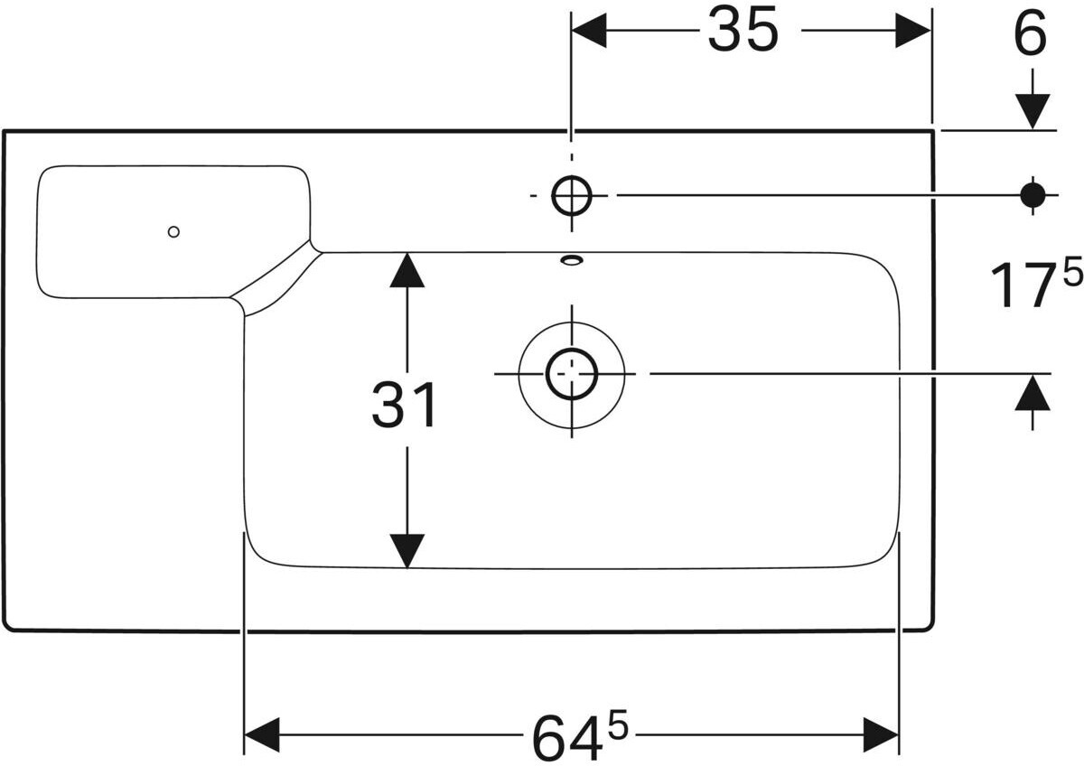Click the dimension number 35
coord(743,32)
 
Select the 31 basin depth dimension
coord(405,406)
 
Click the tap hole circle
coord(571,195)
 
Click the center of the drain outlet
coord(571,373)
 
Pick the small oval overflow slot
coord(572,261)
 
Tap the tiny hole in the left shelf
coord(173,231)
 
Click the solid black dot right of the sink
coord(1032,194)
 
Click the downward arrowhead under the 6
coord(1032,112)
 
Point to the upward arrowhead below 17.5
coord(1032,392)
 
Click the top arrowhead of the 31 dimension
coord(406,270)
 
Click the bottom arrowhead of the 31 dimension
coord(406,551)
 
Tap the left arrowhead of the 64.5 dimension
coord(263,734)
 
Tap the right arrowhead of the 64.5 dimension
coord(880,734)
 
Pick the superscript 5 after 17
coord(1072,274)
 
